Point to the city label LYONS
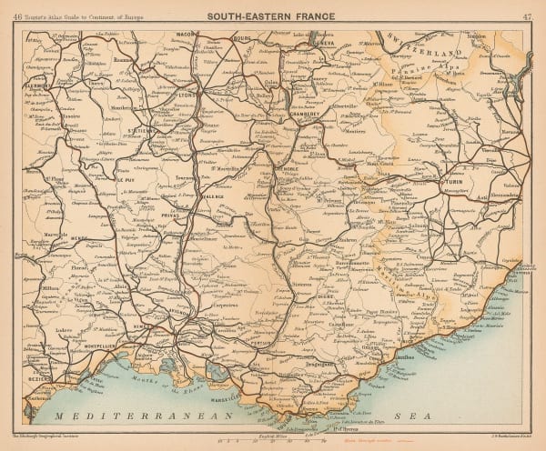188,93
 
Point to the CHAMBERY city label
308,115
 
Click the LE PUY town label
126,179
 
